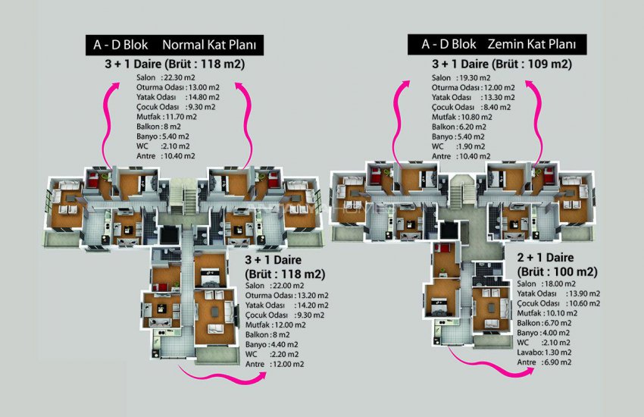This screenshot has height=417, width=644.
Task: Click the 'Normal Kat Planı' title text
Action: (x=214, y=45)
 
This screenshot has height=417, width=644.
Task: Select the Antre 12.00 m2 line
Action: (x=275, y=364)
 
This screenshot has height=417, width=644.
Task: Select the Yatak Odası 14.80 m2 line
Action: (x=178, y=97)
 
